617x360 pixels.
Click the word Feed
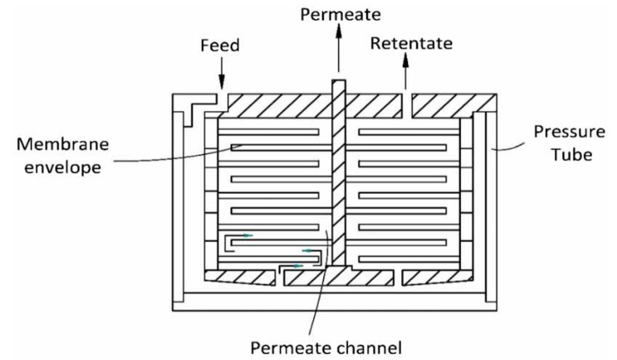click(220, 46)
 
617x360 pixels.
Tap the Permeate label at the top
click(340, 14)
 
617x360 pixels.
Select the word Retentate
click(411, 44)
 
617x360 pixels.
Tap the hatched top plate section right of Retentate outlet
click(454, 105)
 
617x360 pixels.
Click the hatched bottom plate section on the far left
click(239, 277)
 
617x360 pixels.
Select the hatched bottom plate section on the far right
click(435, 277)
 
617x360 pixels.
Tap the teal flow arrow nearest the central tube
click(307, 250)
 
